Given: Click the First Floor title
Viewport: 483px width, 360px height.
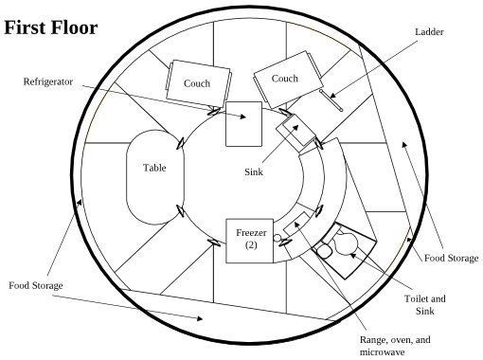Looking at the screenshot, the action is coord(51,27).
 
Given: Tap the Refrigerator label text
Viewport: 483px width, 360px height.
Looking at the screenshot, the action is coord(48,81).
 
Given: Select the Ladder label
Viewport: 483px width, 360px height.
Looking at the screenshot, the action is coord(429,32).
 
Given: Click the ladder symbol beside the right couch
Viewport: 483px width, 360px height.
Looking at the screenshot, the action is coord(331,100).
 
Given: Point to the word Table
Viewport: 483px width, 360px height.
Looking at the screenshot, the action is coord(154,168).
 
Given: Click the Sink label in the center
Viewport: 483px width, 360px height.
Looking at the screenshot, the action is coord(254,171).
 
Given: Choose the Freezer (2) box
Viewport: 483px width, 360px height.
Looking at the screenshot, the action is coord(249,241).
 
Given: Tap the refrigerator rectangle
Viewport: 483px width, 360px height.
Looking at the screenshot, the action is coord(243,124).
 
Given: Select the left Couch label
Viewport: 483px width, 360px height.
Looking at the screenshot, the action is coord(197,83).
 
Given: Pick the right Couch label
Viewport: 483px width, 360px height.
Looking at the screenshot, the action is coord(284,79).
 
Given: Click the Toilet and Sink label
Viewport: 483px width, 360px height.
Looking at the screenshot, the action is coord(425,305).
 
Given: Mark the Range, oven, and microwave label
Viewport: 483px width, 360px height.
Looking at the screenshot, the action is coord(395,346).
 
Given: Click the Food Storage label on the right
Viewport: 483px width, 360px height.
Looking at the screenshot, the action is coord(451,258).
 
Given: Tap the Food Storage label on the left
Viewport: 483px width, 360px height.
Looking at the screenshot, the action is coord(36,285).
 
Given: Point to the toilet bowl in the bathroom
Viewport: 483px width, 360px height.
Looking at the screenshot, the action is coord(347,243).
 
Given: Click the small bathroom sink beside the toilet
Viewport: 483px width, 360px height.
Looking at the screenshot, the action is coord(324,250).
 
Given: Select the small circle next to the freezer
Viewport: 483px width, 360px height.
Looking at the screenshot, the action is coord(277,238).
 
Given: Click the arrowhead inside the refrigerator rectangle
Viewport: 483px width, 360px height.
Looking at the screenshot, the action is coord(242,117).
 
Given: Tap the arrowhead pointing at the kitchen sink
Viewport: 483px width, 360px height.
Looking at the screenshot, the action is coord(295,128).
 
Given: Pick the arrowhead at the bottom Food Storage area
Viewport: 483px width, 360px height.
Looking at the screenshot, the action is coord(199,318).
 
